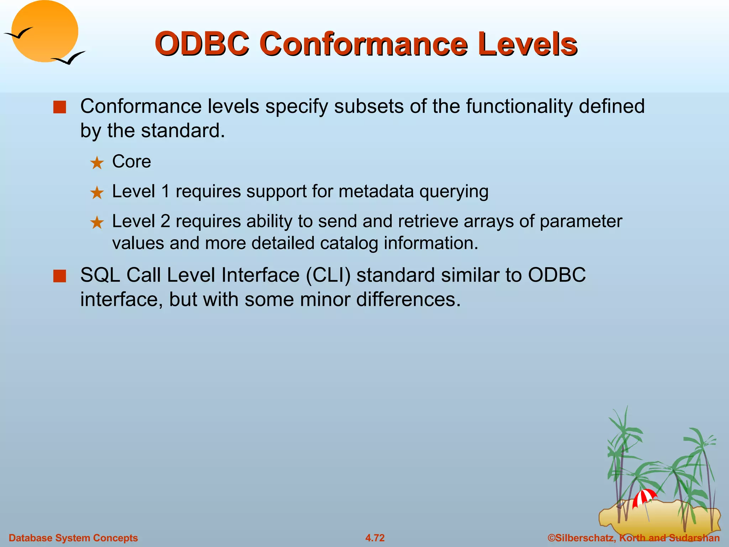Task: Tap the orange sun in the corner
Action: pyautogui.click(x=45, y=31)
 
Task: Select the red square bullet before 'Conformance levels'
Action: pyautogui.click(x=59, y=107)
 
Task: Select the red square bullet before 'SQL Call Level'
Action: pyautogui.click(x=59, y=276)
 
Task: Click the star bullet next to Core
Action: pyautogui.click(x=97, y=163)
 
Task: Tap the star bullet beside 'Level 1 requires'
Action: pyautogui.click(x=97, y=193)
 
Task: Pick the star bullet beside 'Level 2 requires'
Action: pyautogui.click(x=97, y=223)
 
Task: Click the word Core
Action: pyautogui.click(x=131, y=162)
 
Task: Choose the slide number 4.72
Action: pyautogui.click(x=375, y=538)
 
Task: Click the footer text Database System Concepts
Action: pyautogui.click(x=73, y=538)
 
